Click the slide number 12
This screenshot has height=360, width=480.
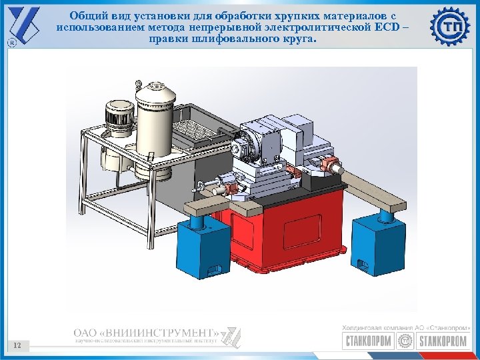click(17, 345)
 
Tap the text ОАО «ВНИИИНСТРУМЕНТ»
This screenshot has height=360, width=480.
click(146, 332)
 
